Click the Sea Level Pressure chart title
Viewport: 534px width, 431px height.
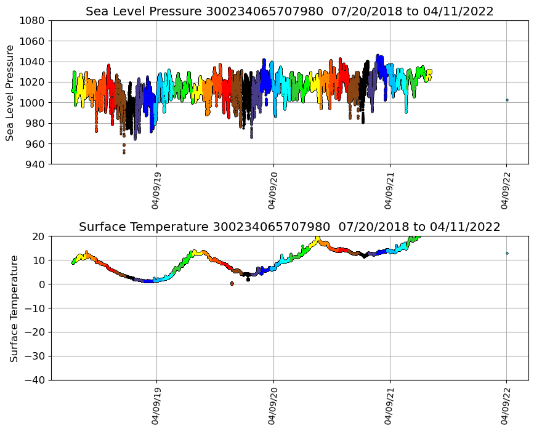point(289,12)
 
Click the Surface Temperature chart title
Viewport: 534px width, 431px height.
point(289,227)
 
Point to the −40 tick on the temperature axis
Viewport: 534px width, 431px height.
point(36,380)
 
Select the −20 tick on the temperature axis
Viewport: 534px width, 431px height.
point(36,332)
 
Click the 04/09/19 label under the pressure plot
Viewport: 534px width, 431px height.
point(156,192)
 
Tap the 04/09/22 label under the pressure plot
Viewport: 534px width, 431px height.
point(506,192)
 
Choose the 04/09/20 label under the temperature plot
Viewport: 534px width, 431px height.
point(273,408)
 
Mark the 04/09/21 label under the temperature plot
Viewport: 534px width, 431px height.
point(389,408)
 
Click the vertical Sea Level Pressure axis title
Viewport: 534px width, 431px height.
point(10,92)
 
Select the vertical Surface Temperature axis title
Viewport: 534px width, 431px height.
point(14,308)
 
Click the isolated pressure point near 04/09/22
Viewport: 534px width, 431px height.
point(507,100)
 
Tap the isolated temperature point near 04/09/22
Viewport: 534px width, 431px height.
point(507,253)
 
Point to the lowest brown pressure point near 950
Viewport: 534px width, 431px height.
point(124,152)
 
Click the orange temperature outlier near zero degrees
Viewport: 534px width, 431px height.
point(232,284)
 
